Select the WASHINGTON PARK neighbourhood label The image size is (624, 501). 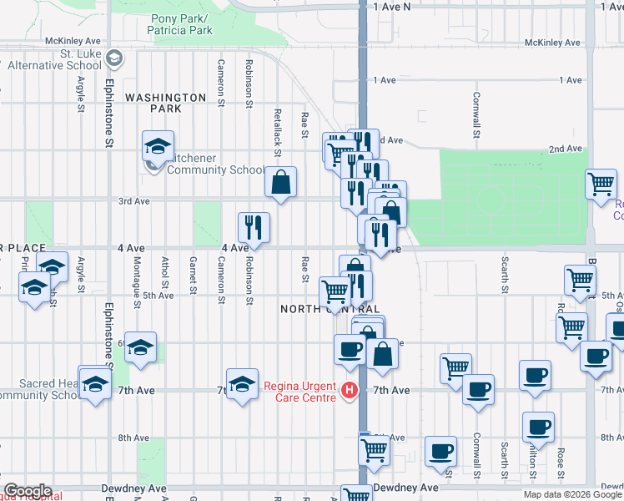[x=165, y=98]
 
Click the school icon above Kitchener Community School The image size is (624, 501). [x=157, y=147]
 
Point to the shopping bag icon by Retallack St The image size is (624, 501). [x=281, y=181]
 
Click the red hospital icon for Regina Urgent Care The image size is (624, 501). [x=350, y=390]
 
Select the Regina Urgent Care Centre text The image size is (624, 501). [x=299, y=391]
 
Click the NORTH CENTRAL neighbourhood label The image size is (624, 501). [x=324, y=309]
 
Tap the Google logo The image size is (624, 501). [x=27, y=490]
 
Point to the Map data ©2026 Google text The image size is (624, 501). [x=572, y=494]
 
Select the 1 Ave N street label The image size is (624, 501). [x=392, y=7]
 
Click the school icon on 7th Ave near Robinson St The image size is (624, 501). [x=242, y=384]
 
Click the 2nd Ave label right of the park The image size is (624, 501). [x=565, y=149]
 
